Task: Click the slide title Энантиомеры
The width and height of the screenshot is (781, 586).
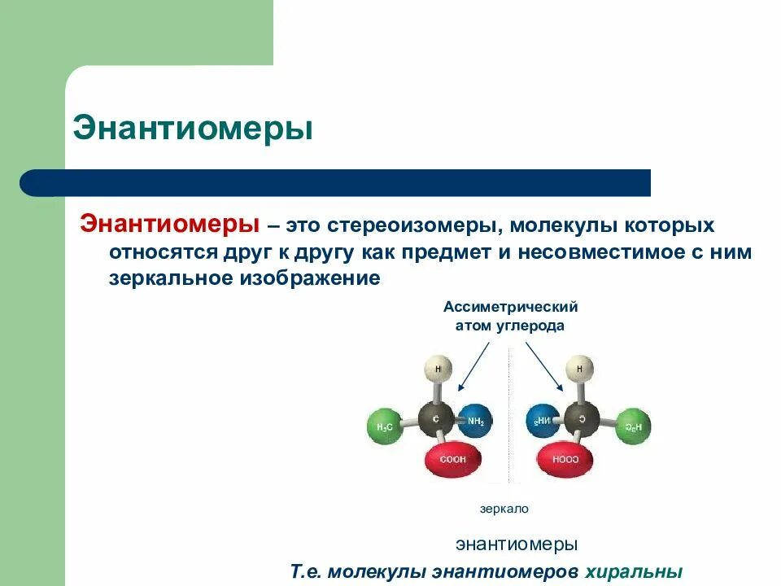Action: pyautogui.click(x=193, y=129)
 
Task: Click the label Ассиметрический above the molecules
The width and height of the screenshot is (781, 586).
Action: pyautogui.click(x=510, y=307)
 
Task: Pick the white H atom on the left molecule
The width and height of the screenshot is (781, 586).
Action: pyautogui.click(x=438, y=370)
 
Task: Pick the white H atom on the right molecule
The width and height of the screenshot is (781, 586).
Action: pyautogui.click(x=579, y=370)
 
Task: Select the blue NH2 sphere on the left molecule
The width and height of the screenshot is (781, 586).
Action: pyautogui.click(x=473, y=422)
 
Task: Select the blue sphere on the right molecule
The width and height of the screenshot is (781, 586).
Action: pyautogui.click(x=543, y=422)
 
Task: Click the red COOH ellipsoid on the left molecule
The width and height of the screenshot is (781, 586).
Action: pyautogui.click(x=454, y=460)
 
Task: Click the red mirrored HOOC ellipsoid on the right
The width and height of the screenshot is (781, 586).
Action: pyautogui.click(x=563, y=460)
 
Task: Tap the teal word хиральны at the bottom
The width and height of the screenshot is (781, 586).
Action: pyautogui.click(x=632, y=571)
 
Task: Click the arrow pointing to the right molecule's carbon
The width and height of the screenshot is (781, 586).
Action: pyautogui.click(x=543, y=366)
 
